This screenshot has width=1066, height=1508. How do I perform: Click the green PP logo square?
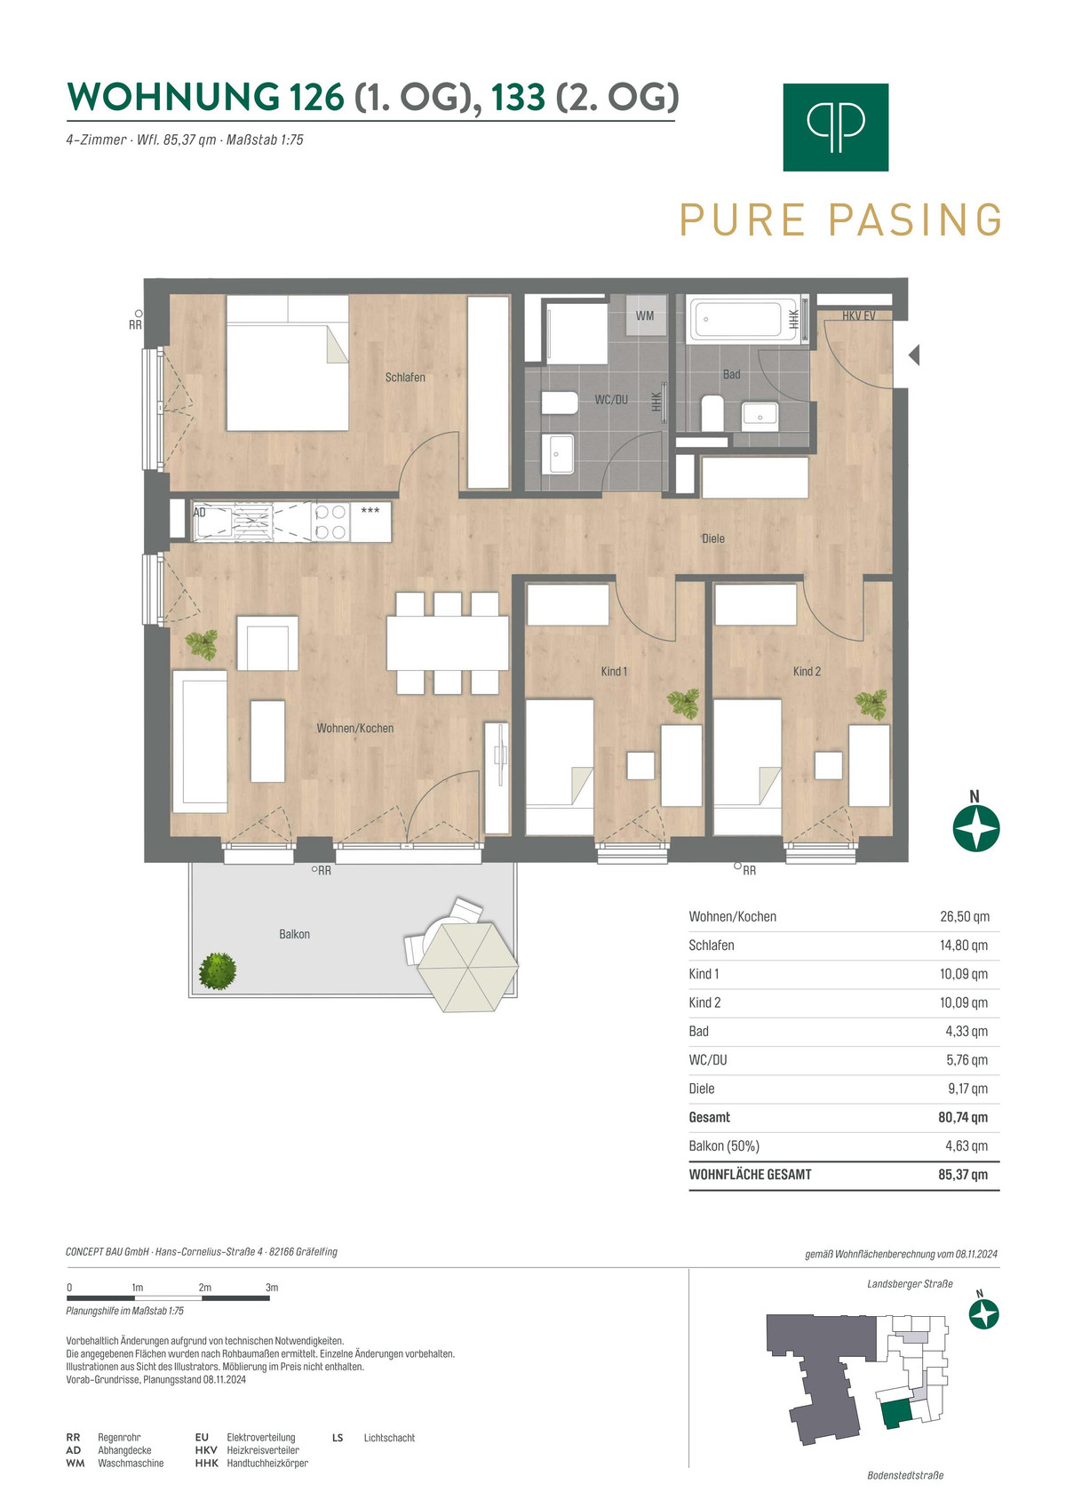(x=835, y=127)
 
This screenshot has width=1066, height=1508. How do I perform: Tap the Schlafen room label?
(x=405, y=378)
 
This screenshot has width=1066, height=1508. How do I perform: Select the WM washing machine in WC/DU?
(x=645, y=315)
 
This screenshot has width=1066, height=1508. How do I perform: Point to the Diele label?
(x=713, y=539)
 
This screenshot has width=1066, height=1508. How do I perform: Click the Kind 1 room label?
(x=614, y=671)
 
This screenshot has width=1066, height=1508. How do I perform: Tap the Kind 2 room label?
(x=807, y=671)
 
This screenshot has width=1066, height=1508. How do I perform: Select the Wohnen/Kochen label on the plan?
(x=355, y=729)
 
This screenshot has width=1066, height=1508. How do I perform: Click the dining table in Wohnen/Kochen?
(x=448, y=642)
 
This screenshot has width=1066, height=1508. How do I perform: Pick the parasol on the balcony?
(x=468, y=966)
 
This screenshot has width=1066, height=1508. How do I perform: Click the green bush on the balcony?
(x=218, y=971)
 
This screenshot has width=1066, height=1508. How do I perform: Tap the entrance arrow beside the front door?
(x=914, y=355)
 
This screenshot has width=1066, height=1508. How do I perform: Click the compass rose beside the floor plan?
(x=975, y=828)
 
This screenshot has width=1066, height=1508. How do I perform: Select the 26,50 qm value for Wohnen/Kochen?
(x=965, y=917)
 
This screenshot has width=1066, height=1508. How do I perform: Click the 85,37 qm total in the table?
(x=963, y=1175)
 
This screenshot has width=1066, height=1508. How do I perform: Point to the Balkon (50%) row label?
(x=724, y=1145)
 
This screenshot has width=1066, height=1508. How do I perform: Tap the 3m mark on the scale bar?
(x=272, y=1288)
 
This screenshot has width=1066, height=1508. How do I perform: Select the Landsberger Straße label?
(x=910, y=1284)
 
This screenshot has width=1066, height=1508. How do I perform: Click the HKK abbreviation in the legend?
(x=206, y=1464)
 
